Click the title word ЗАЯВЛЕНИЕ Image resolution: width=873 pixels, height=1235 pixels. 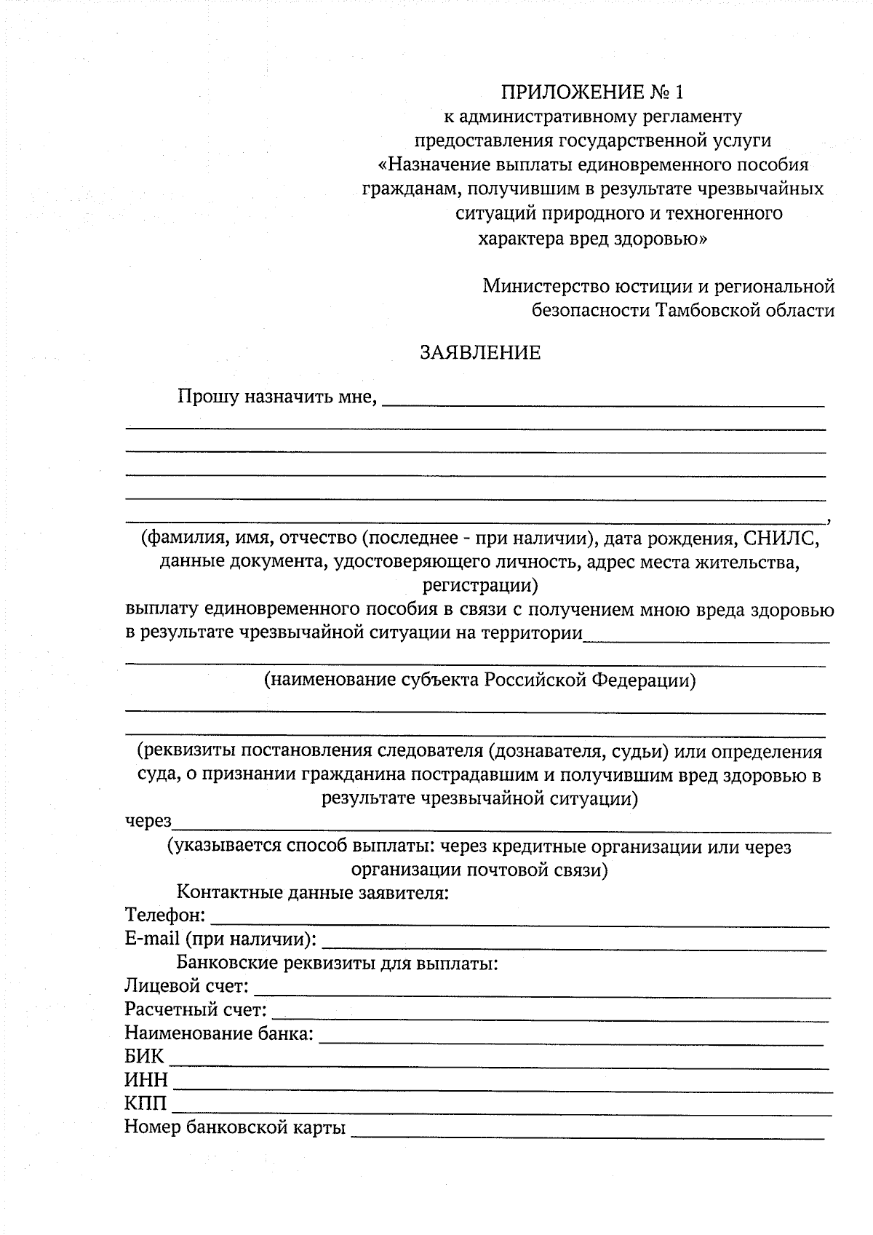pos(480,353)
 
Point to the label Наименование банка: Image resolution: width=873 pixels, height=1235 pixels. pos(219,1033)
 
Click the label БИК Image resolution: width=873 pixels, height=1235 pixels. pos(144,1057)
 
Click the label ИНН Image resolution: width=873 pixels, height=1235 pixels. pos(145,1079)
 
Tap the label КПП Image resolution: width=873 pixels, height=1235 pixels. pos(145,1103)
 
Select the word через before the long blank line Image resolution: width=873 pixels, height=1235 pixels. pos(148,822)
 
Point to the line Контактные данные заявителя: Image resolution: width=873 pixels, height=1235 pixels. pos(312,892)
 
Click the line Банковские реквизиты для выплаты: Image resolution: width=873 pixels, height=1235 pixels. pos(337,964)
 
